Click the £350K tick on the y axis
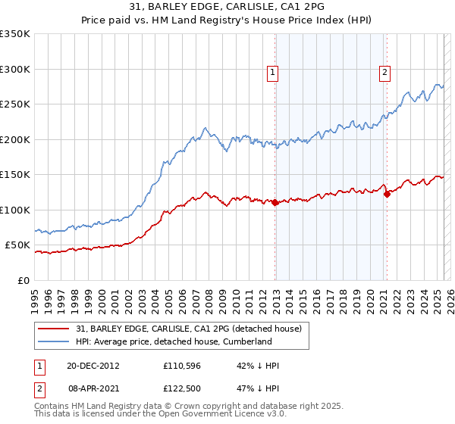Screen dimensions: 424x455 tap(15, 34)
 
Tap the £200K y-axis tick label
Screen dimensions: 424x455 tap(15, 139)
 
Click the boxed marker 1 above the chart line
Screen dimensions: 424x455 tap(272, 73)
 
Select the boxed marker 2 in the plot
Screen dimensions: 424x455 tap(385, 73)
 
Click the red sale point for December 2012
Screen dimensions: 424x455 tap(275, 203)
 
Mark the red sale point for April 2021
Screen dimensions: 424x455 tap(386, 195)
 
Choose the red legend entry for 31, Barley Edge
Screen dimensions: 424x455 tap(190, 329)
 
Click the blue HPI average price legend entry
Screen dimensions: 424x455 tap(180, 341)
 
